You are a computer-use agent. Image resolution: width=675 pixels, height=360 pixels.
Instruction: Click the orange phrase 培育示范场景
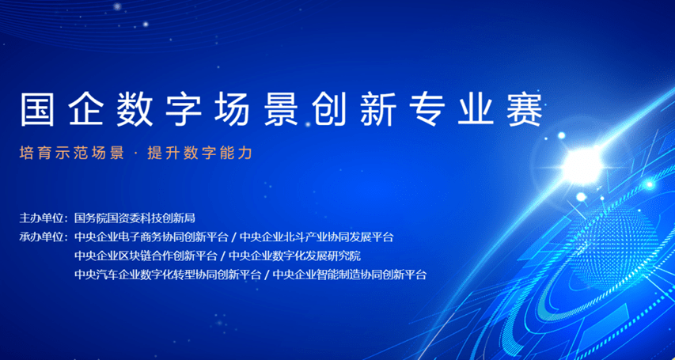point(72,153)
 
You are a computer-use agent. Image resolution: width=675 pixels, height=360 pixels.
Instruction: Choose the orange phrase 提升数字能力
point(199,153)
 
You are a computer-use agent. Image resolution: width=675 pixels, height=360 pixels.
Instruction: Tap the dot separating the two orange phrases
point(136,153)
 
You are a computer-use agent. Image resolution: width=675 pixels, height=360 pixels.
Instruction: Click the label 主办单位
point(41,218)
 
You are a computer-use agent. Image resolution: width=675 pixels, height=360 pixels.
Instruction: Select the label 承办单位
point(41,237)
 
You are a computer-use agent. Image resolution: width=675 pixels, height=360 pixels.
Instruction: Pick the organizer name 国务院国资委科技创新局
point(135,218)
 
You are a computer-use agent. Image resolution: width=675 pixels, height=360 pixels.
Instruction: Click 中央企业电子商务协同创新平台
point(151,237)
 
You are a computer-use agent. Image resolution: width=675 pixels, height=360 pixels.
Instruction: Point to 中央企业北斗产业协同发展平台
point(317,237)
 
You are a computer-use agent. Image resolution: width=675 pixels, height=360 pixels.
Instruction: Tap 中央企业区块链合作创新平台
point(146,256)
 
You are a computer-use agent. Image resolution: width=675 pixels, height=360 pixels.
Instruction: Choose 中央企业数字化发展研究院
point(294,256)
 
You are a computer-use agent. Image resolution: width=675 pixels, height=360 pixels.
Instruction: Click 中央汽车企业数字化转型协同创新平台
point(168,275)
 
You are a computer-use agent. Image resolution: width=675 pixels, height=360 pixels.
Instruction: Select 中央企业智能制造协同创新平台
point(350,275)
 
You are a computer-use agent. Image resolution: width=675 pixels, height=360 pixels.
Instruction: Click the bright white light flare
point(582,165)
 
